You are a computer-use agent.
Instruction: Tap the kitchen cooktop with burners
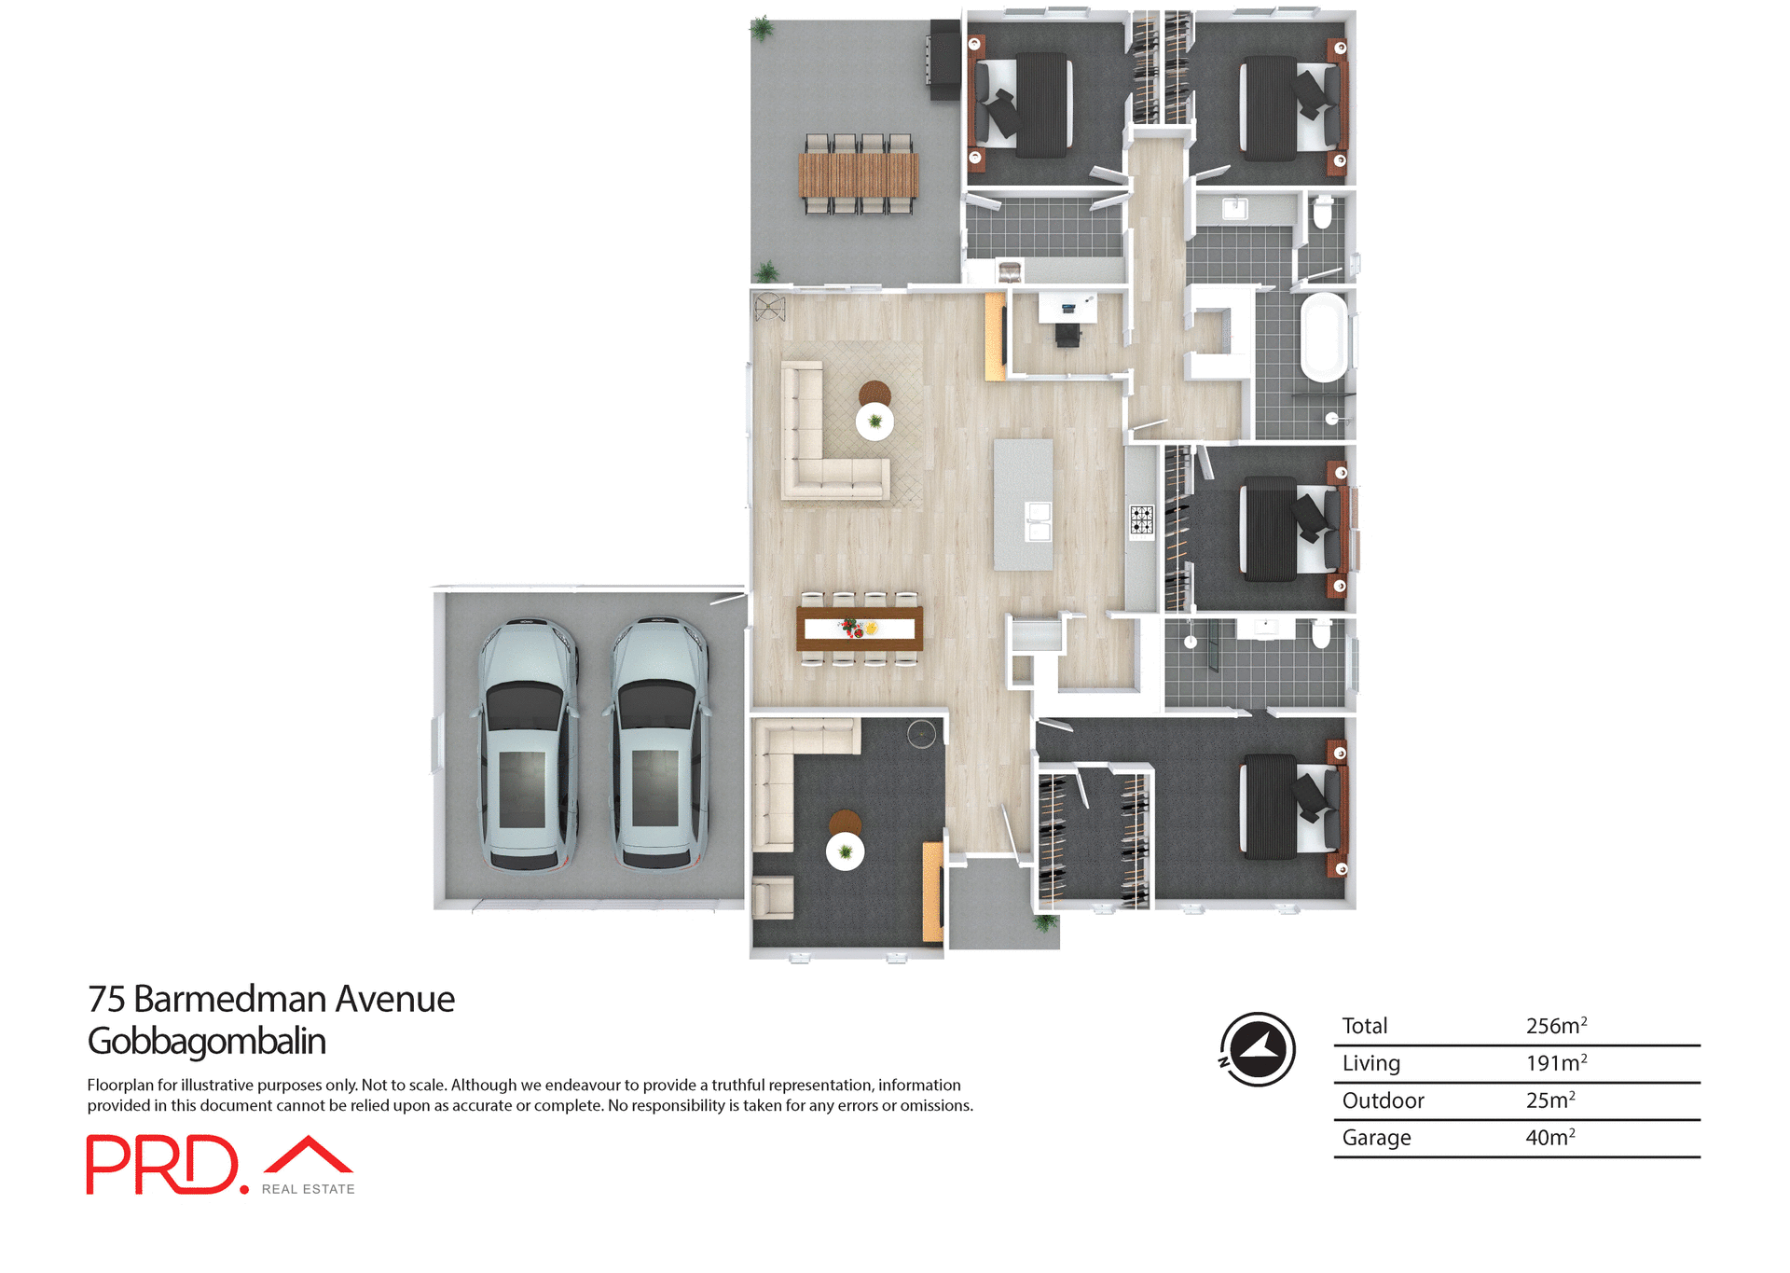1142,520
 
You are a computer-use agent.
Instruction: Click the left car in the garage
528,744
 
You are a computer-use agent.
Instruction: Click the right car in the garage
659,744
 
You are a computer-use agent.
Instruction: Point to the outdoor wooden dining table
858,174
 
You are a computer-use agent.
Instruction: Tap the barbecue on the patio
943,62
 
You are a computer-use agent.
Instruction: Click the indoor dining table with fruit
859,629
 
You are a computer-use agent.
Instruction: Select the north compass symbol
1257,1049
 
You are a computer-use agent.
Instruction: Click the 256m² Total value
1555,1026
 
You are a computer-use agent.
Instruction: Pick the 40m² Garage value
1549,1138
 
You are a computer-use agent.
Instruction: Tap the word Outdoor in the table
1383,1100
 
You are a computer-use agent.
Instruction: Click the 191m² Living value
1555,1063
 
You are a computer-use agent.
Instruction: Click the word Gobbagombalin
206,1042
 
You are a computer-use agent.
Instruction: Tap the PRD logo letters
163,1164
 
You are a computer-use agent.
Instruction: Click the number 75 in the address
106,999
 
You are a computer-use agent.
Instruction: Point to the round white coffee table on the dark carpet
845,851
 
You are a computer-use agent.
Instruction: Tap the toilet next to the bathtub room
1322,214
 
